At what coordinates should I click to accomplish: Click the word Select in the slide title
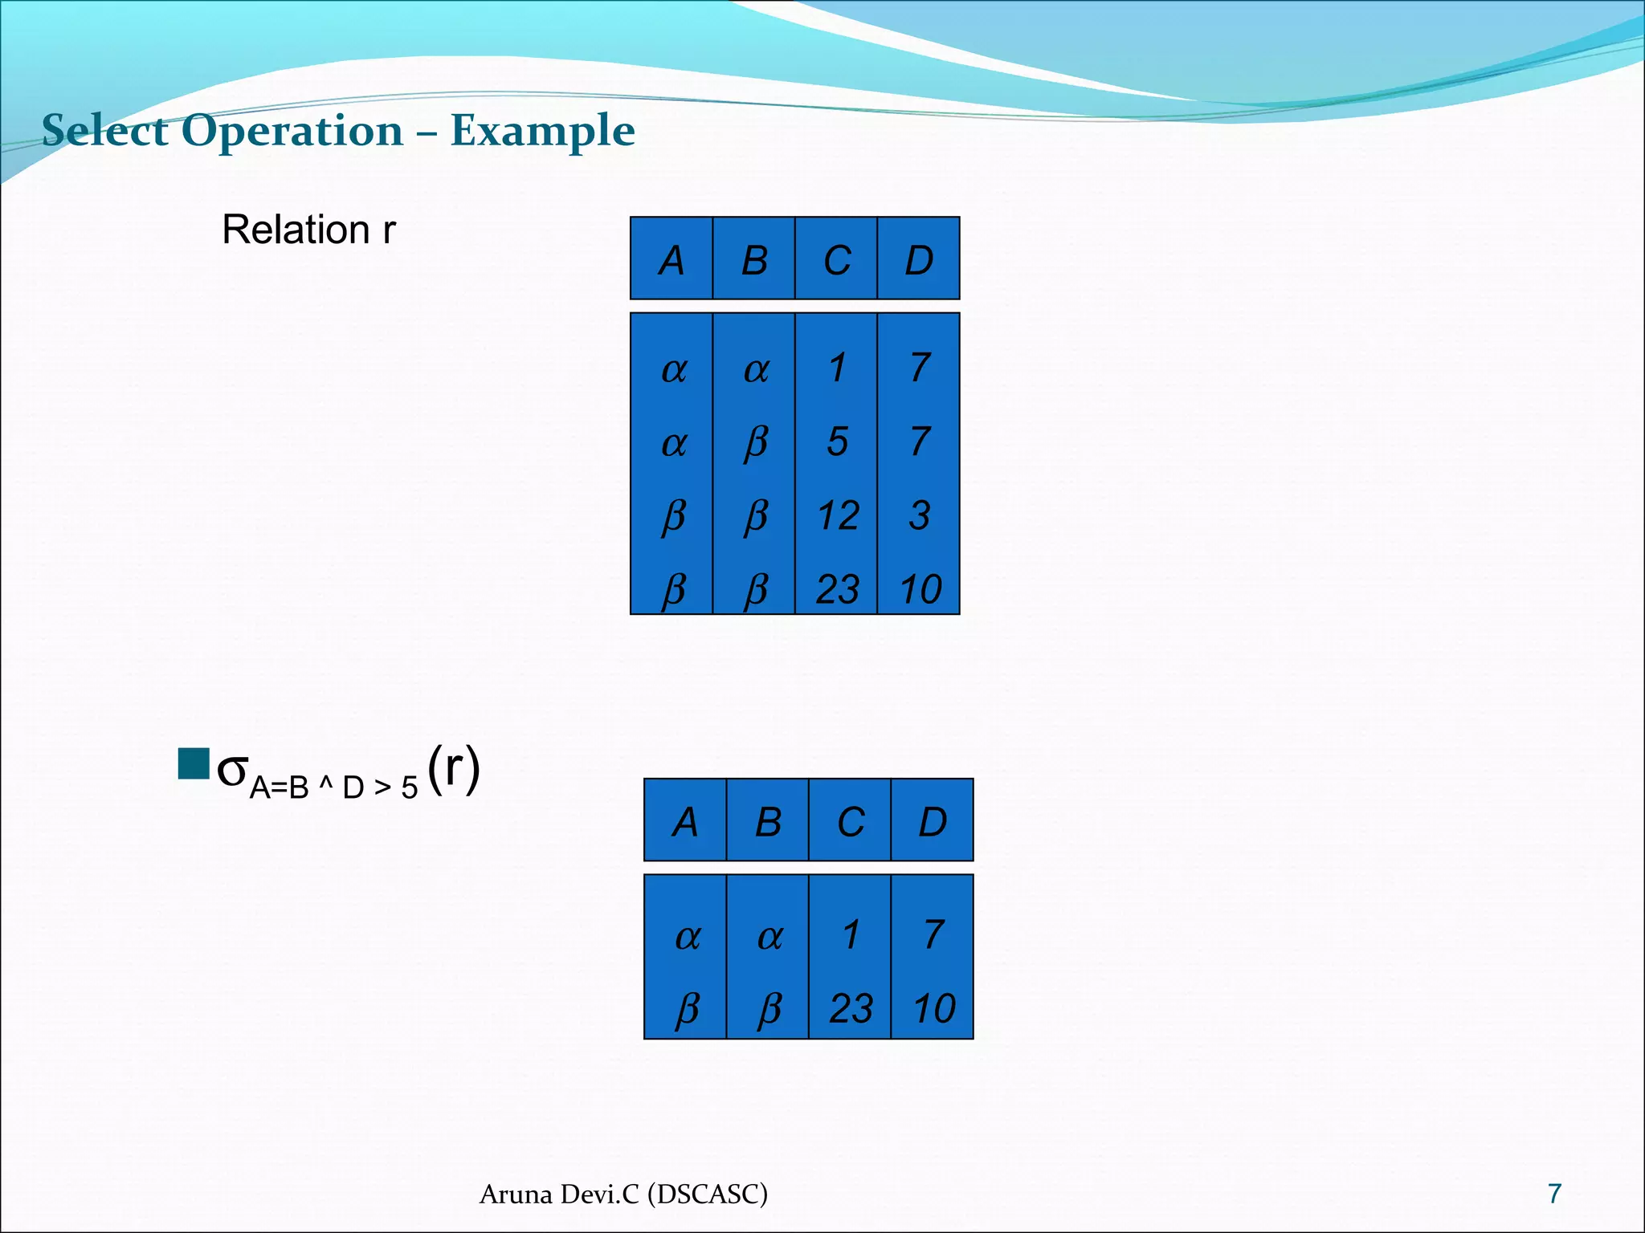click(x=104, y=131)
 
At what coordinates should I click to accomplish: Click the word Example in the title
click(x=543, y=131)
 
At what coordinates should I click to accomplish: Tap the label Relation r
click(x=308, y=230)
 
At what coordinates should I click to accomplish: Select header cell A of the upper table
click(x=671, y=260)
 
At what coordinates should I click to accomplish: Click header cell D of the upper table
click(x=919, y=260)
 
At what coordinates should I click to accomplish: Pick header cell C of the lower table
click(x=851, y=822)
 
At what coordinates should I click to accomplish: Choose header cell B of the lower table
click(x=768, y=822)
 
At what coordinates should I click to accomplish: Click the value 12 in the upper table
click(x=838, y=515)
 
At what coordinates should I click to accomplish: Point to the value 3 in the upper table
click(x=920, y=515)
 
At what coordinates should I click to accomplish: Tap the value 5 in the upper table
click(x=837, y=442)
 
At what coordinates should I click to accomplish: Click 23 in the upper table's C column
click(x=837, y=589)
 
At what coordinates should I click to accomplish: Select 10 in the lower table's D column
click(x=933, y=1009)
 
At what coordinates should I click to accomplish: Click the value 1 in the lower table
click(x=851, y=935)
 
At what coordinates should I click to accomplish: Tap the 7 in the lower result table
click(x=933, y=935)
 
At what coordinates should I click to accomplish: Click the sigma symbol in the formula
click(x=233, y=771)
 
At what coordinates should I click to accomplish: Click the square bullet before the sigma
click(x=193, y=764)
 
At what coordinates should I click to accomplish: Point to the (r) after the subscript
click(x=454, y=768)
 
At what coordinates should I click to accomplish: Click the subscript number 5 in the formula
click(x=410, y=788)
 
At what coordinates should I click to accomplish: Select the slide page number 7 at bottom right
click(x=1554, y=1194)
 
